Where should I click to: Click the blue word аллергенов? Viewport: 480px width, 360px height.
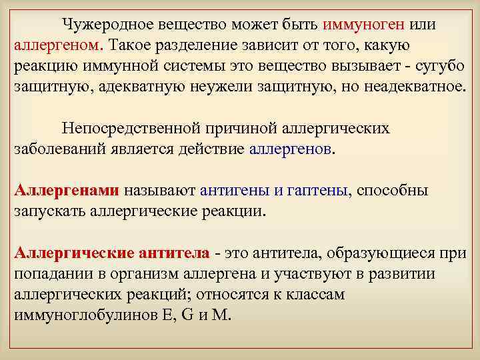tap(291, 149)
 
